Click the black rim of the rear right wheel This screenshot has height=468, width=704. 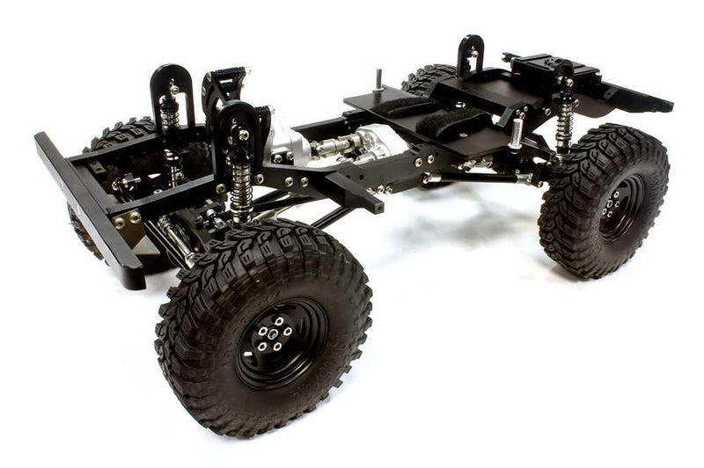(620, 207)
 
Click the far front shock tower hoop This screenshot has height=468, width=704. (172, 88)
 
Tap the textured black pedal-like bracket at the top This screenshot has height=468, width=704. (226, 84)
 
